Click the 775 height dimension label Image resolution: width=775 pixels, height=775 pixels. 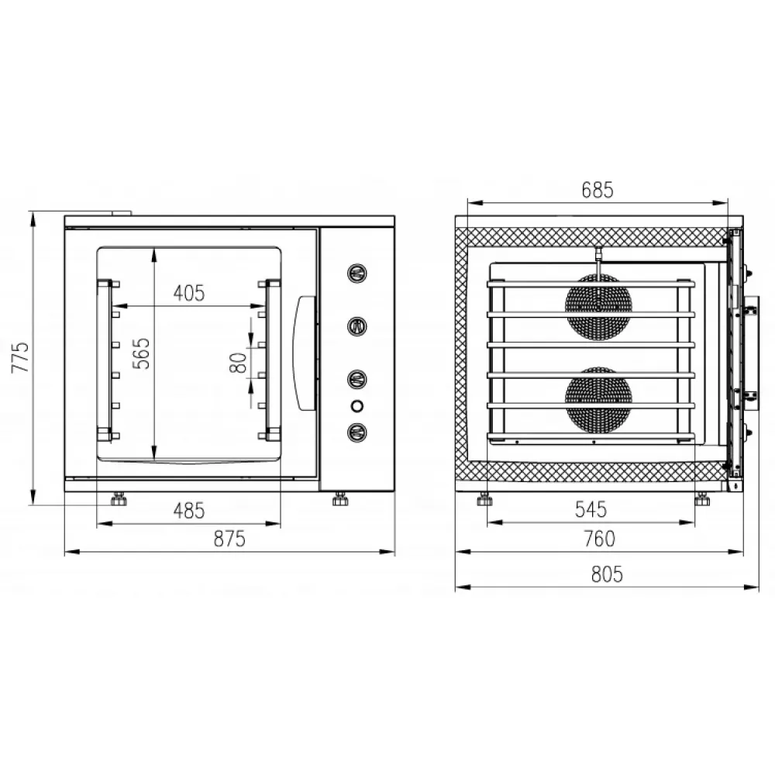(21, 356)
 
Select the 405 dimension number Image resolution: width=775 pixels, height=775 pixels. (189, 293)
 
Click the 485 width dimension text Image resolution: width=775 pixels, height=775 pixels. (189, 511)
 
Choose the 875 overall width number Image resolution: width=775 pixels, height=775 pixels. (229, 539)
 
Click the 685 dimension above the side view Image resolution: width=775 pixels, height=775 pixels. (597, 190)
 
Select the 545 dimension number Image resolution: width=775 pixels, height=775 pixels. (591, 509)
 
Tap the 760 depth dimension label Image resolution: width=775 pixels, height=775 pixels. (600, 539)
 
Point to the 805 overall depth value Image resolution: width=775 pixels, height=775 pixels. (607, 574)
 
